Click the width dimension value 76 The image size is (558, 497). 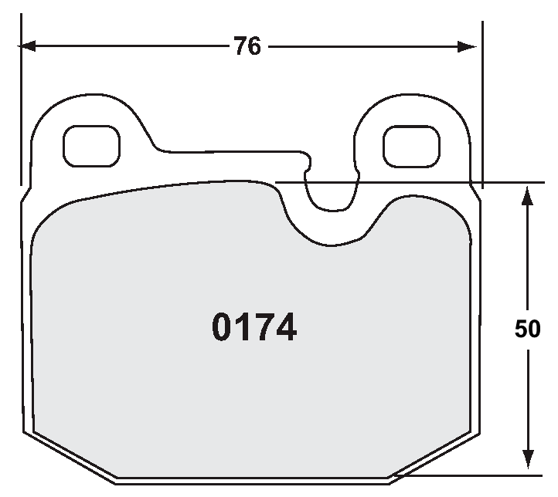coord(247,47)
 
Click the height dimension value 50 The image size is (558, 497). coord(527,330)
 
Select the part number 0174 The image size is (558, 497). coord(254,328)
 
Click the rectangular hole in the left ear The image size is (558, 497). coord(91,146)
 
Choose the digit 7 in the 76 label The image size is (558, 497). coord(240,47)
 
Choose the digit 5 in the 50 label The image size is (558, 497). coord(521,330)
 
